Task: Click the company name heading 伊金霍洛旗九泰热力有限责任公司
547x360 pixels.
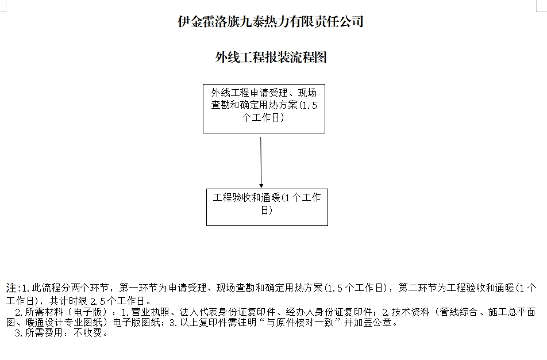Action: [271, 21]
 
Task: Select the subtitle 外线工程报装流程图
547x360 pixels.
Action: [271, 57]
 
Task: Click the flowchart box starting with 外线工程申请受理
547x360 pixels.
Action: [264, 109]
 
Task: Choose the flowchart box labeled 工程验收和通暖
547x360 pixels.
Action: [267, 208]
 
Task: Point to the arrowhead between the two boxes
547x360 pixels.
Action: [261, 186]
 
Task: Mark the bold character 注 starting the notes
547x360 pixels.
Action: [11, 288]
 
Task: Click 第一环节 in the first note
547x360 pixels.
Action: [138, 288]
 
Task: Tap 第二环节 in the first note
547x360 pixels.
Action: [418, 288]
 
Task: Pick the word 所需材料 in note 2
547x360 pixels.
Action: [44, 312]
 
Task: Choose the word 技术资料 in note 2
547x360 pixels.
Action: [411, 312]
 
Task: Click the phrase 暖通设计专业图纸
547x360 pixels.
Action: [64, 322]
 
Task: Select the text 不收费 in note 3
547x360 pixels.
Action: [87, 333]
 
